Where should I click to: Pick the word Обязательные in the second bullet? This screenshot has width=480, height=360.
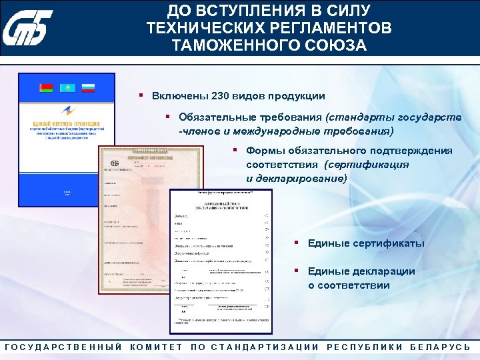(x=215, y=117)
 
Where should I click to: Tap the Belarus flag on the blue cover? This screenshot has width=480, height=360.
(x=46, y=88)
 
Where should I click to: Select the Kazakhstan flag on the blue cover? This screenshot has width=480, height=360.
(x=67, y=88)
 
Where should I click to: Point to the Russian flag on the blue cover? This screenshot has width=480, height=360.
(x=88, y=88)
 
